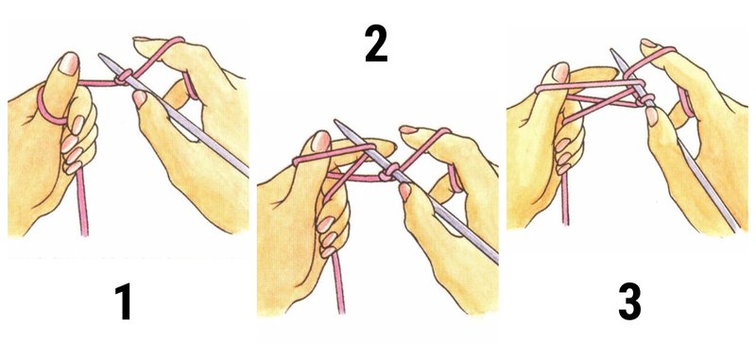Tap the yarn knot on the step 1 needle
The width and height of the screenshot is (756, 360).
click(x=123, y=83)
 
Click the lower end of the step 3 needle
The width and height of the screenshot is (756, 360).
click(x=737, y=229)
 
